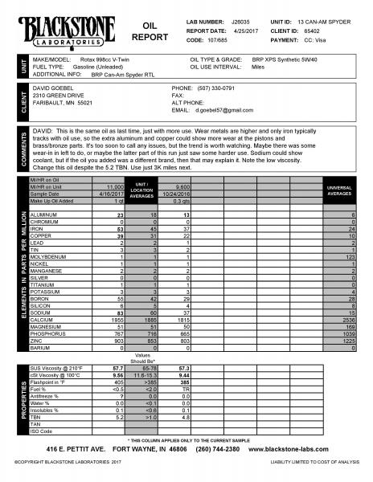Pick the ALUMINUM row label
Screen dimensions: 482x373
coord(44,216)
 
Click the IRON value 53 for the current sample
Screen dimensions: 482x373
coord(120,229)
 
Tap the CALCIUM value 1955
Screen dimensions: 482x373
coord(117,319)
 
